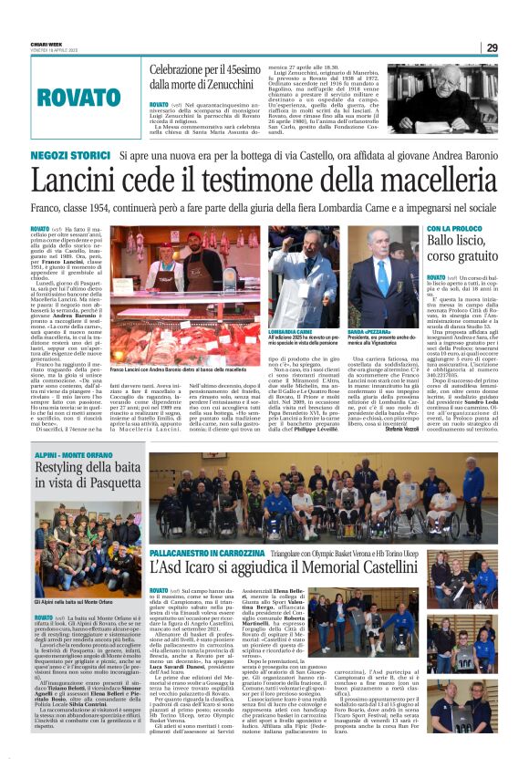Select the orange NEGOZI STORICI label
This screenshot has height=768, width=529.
point(59,157)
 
